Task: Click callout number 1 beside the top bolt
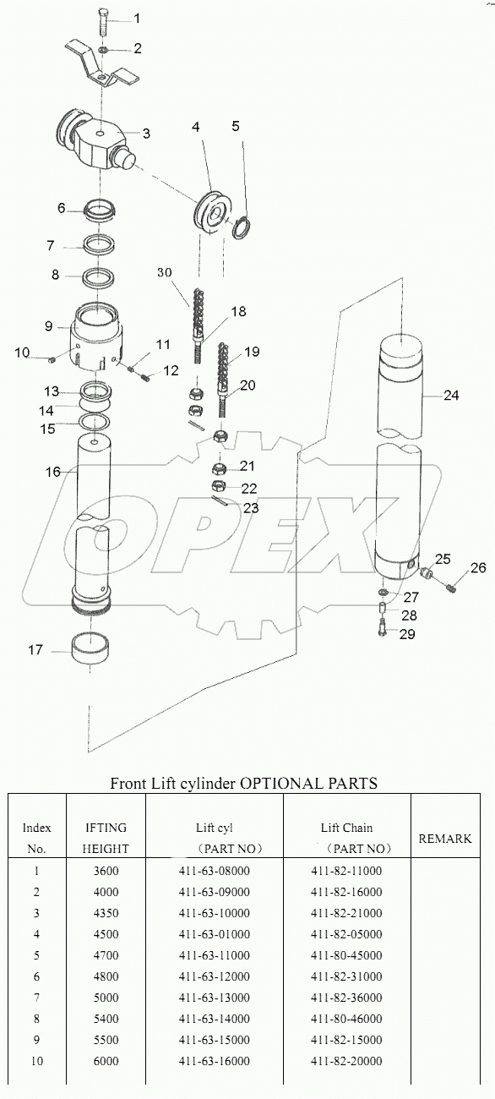(x=137, y=18)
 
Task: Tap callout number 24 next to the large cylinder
(x=452, y=395)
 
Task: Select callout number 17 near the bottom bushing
(x=35, y=650)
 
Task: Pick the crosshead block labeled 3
(x=93, y=139)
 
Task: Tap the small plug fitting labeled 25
(x=427, y=575)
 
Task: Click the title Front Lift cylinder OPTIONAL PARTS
(x=243, y=783)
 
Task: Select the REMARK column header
(x=445, y=839)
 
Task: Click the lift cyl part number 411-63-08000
(x=214, y=871)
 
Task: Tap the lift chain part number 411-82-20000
(x=346, y=1061)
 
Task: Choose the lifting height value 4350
(x=107, y=913)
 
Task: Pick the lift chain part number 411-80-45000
(x=346, y=955)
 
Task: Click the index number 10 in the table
(x=36, y=1061)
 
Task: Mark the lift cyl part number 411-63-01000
(x=214, y=934)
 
